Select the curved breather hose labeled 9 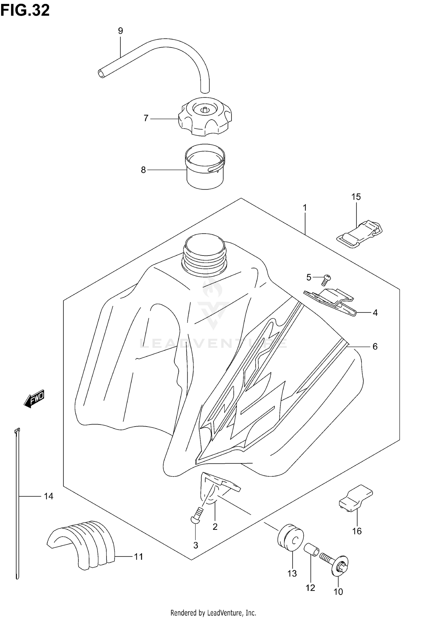(159, 54)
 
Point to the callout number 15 (356, 197)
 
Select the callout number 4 (375, 313)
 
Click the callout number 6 (375, 346)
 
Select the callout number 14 (48, 496)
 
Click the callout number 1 (305, 208)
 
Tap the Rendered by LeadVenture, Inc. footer (213, 612)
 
